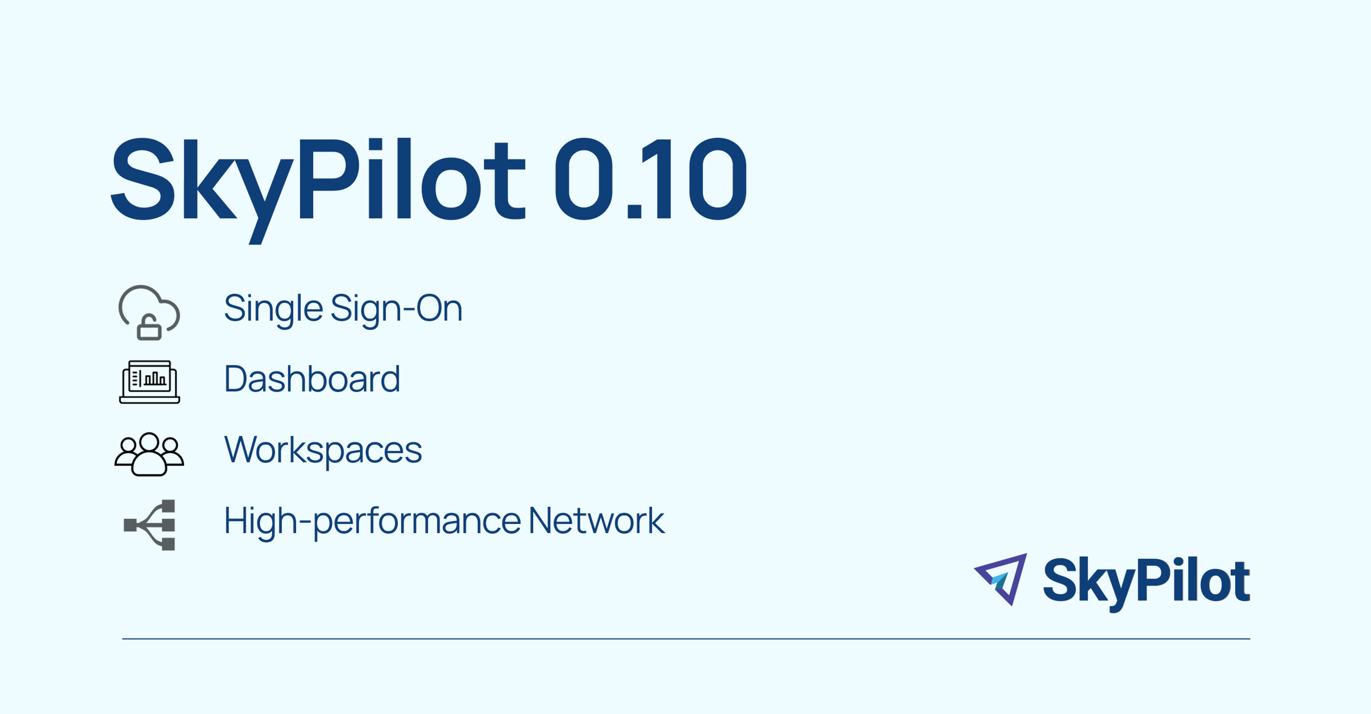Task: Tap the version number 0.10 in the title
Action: (651, 179)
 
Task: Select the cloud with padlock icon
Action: (149, 312)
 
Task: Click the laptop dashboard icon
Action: (150, 382)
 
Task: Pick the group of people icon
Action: (149, 454)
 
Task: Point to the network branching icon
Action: (150, 525)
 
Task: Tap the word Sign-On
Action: (397, 308)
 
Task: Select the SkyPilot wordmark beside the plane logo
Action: (1146, 581)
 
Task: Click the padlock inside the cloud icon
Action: (149, 327)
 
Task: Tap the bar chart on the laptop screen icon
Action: (155, 378)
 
